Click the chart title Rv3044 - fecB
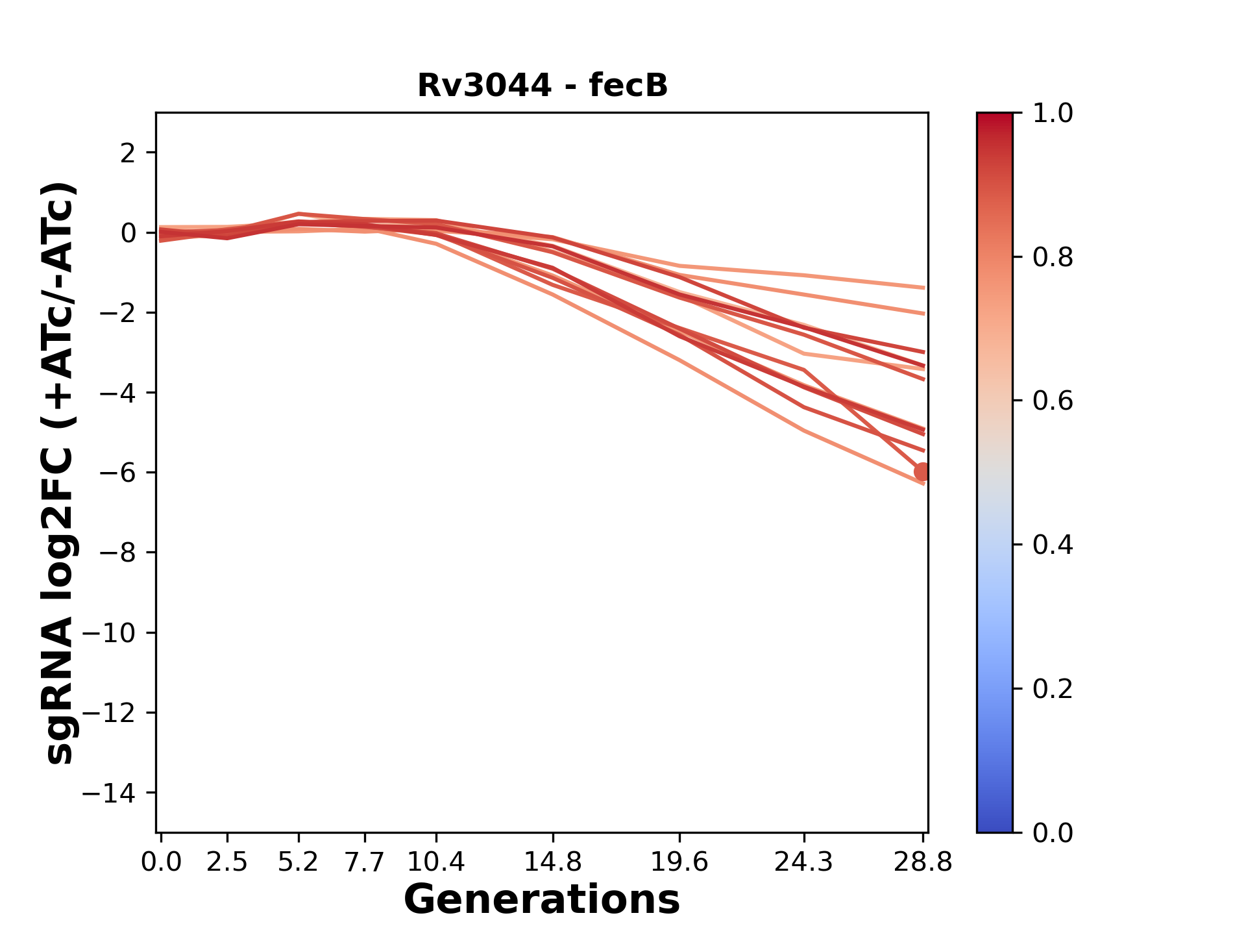(x=542, y=86)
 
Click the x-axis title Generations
(x=542, y=900)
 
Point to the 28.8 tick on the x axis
(x=923, y=862)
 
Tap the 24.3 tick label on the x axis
(x=804, y=862)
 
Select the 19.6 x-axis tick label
(x=679, y=862)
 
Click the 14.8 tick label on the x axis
(x=553, y=862)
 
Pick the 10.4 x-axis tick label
(x=436, y=862)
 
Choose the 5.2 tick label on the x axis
(x=299, y=862)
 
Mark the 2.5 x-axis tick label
(x=227, y=862)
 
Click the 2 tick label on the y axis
(x=128, y=153)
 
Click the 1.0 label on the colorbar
(x=1053, y=114)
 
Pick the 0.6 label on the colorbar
(x=1053, y=401)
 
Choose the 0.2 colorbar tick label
(x=1053, y=689)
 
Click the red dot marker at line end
(x=922, y=472)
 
